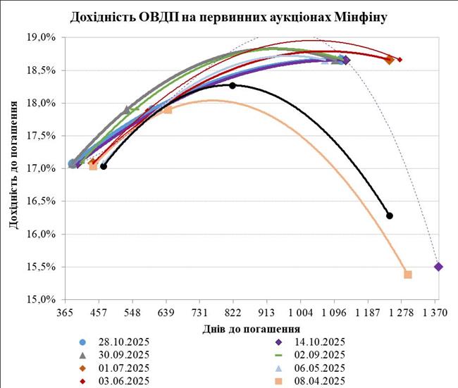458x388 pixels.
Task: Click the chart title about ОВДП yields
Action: coord(229,15)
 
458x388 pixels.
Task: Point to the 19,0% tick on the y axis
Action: coord(41,38)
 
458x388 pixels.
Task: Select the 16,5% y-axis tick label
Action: coord(41,201)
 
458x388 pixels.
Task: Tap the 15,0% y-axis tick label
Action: coord(41,299)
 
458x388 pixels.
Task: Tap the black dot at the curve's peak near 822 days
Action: coord(233,85)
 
